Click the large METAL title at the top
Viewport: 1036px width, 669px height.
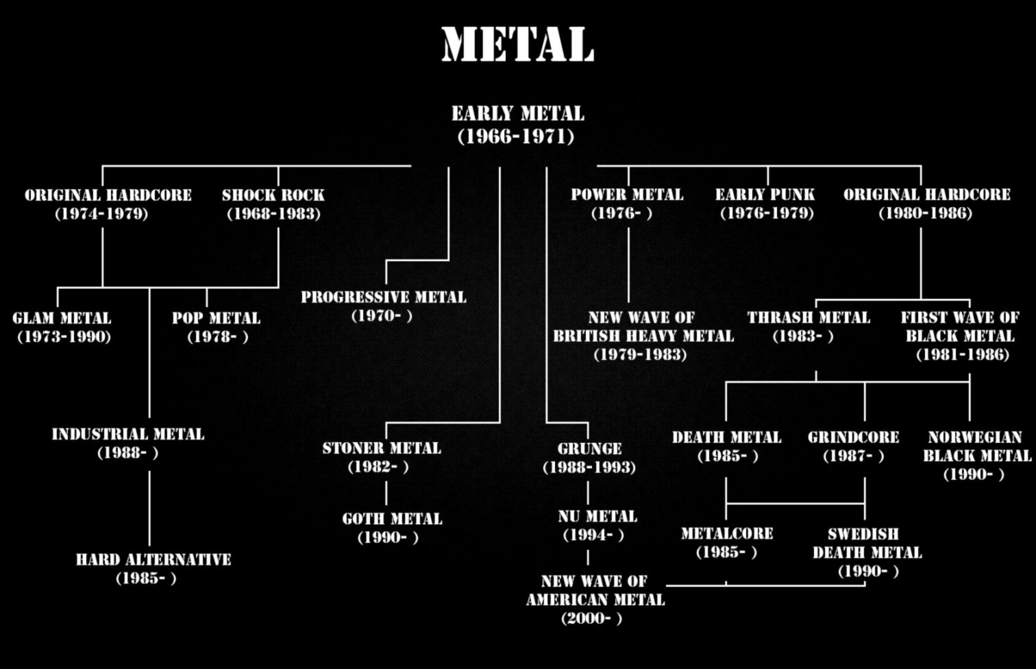point(517,45)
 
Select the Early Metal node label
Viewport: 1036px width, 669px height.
point(517,114)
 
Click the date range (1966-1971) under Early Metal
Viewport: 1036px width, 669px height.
point(516,136)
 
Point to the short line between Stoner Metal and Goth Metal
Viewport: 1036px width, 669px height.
point(386,493)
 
